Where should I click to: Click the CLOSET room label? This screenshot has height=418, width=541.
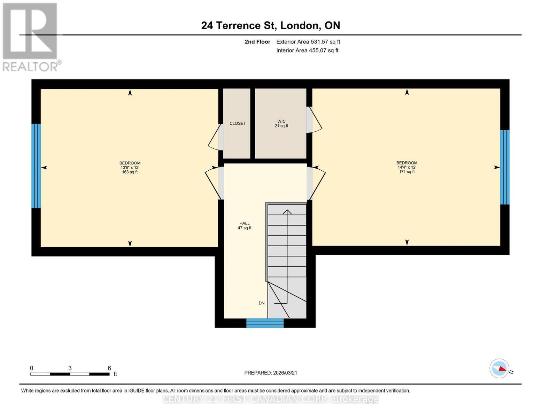coord(238,124)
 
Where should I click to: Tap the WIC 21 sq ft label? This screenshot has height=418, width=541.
coord(281,124)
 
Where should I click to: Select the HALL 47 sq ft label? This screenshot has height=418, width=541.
coord(245,226)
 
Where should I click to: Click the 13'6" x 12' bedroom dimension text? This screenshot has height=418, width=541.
coord(130,168)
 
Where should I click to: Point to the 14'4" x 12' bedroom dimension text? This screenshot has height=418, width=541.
coord(407,167)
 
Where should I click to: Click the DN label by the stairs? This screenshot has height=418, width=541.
coord(262,303)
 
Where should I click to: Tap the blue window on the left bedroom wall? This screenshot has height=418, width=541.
coord(36,166)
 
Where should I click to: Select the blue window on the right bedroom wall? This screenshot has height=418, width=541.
coord(505,167)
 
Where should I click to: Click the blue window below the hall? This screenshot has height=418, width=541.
coord(265,323)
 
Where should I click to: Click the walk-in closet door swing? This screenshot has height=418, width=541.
coord(315,120)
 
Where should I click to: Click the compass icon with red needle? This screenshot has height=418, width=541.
coord(500,368)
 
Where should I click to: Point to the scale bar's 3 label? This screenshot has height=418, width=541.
coord(70,368)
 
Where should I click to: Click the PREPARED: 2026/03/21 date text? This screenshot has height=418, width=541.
coord(271,373)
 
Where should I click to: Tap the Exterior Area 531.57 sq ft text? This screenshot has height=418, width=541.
coord(308,42)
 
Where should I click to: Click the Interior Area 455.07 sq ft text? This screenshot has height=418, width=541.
coord(307,51)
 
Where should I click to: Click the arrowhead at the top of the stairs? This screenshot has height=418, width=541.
coord(287,211)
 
